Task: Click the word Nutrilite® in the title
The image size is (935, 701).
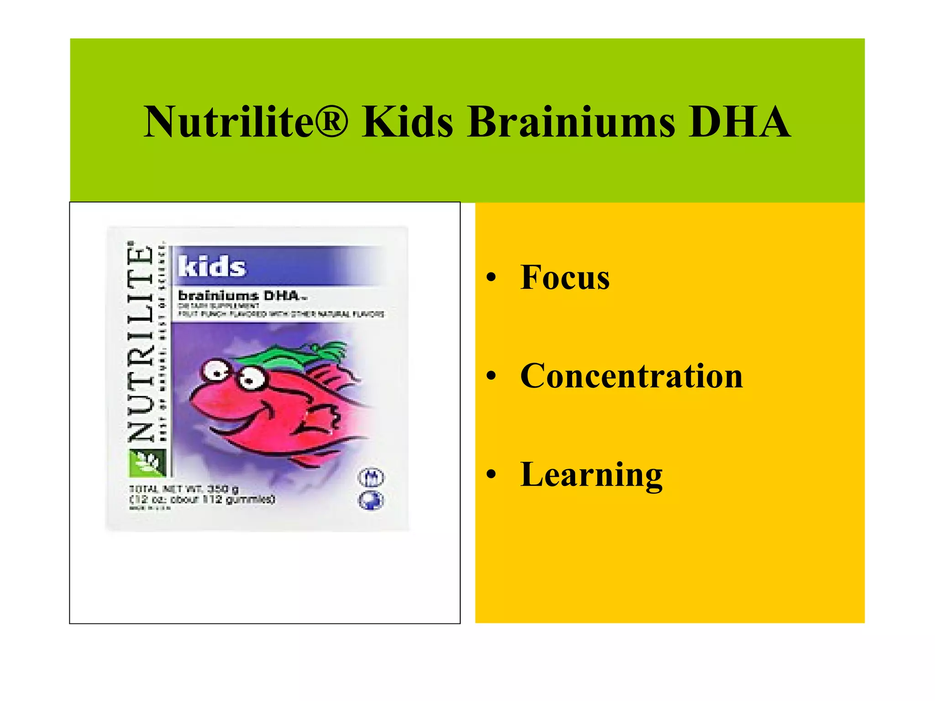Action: pyautogui.click(x=246, y=122)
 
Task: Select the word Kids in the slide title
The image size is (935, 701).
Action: pyautogui.click(x=408, y=122)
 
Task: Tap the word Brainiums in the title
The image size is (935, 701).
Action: pyautogui.click(x=571, y=122)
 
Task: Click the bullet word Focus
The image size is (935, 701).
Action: pyautogui.click(x=565, y=277)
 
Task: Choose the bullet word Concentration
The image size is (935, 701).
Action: pyautogui.click(x=631, y=376)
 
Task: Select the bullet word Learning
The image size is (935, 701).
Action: pyautogui.click(x=591, y=475)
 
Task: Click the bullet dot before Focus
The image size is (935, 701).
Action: pyautogui.click(x=491, y=277)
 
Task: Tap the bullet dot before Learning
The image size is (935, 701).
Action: pyautogui.click(x=491, y=475)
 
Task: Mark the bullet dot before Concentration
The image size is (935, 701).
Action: pyautogui.click(x=491, y=376)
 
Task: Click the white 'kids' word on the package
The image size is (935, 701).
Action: pyautogui.click(x=212, y=266)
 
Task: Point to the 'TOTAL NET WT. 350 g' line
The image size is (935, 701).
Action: pyautogui.click(x=184, y=489)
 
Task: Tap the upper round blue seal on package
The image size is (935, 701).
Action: pyautogui.click(x=371, y=477)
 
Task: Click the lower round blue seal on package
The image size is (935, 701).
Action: pyautogui.click(x=371, y=501)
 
